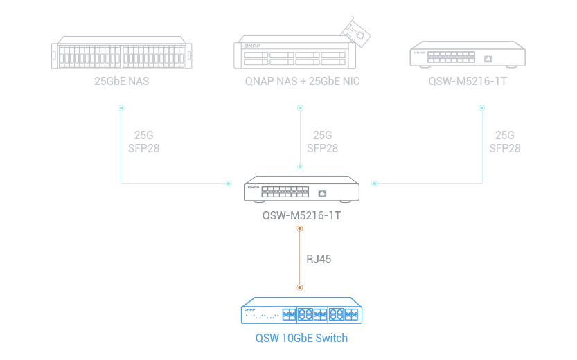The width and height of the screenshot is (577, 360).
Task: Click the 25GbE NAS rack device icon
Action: click(x=122, y=53)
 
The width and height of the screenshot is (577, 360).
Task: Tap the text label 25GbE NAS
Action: click(x=122, y=81)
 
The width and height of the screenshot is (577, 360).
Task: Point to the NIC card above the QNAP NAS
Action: click(x=358, y=31)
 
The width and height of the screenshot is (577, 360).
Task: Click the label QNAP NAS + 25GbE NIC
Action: click(x=303, y=81)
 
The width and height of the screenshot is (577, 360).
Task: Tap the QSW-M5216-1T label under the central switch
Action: click(x=301, y=215)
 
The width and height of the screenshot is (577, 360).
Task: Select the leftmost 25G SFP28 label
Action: click(x=143, y=142)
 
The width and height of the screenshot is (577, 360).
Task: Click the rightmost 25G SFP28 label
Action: click(x=504, y=142)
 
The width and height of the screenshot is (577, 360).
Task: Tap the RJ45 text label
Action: click(x=319, y=260)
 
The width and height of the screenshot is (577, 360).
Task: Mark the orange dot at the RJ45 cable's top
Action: click(x=300, y=228)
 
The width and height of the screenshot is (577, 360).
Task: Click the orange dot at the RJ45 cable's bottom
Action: click(x=300, y=287)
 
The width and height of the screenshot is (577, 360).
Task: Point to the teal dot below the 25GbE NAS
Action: click(x=121, y=108)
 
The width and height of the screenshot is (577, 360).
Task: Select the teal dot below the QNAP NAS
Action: click(x=300, y=108)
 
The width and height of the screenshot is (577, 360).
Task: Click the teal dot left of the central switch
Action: click(x=228, y=183)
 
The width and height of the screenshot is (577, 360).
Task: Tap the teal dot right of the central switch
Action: click(x=375, y=183)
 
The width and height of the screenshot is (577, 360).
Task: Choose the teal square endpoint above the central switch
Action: click(x=300, y=166)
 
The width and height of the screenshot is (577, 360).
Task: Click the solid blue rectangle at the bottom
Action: click(x=305, y=319)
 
